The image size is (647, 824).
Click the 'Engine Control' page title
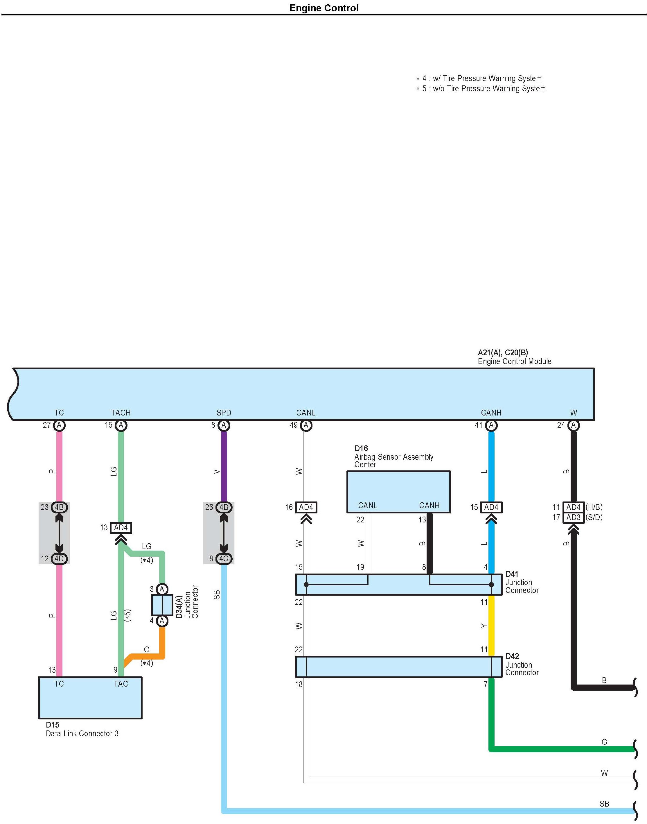pyautogui.click(x=324, y=8)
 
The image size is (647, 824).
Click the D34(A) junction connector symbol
pyautogui.click(x=162, y=605)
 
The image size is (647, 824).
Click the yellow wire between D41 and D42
pyautogui.click(x=491, y=626)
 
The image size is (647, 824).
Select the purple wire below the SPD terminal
pyautogui.click(x=224, y=467)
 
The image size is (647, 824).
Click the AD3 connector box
pyautogui.click(x=574, y=517)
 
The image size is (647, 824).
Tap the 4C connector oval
pyautogui.click(x=224, y=559)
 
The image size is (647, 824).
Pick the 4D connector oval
pyautogui.click(x=59, y=559)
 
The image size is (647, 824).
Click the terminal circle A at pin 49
pyautogui.click(x=306, y=425)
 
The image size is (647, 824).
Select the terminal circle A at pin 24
pyautogui.click(x=574, y=425)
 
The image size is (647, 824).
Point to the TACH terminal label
pyautogui.click(x=121, y=413)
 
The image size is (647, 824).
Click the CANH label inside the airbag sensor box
pyautogui.click(x=429, y=506)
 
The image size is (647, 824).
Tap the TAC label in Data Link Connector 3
pyautogui.click(x=121, y=684)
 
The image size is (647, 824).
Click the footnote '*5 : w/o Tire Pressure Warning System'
pyautogui.click(x=481, y=89)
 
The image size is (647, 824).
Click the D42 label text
pyautogui.click(x=512, y=656)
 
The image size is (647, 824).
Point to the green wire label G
pyautogui.click(x=604, y=742)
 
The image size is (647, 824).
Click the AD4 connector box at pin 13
pyautogui.click(x=121, y=528)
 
